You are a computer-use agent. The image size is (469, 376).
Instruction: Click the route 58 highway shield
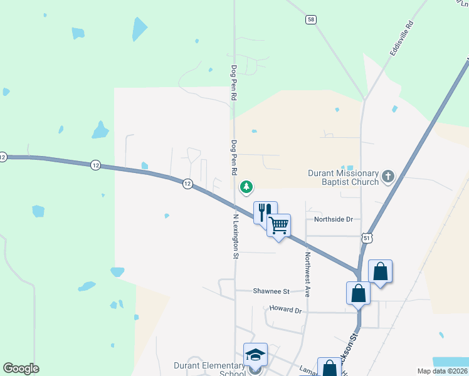(x=311, y=19)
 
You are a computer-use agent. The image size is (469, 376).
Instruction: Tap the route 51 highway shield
(x=367, y=238)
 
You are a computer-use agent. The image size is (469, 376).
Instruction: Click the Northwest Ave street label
(x=308, y=274)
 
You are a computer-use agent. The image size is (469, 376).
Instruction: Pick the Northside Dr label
(x=334, y=219)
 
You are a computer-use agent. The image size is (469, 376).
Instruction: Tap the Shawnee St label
(x=271, y=291)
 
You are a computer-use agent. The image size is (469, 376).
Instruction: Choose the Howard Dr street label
(x=285, y=310)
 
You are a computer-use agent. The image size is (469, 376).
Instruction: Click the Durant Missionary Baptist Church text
(x=344, y=177)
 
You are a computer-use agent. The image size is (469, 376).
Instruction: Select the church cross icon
(x=387, y=176)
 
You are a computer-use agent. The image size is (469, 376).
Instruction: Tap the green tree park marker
(x=247, y=186)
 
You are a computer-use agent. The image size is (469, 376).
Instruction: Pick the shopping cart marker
(x=278, y=224)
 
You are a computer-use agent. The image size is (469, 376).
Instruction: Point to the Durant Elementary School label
(x=209, y=369)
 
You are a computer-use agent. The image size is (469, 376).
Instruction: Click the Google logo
(x=21, y=368)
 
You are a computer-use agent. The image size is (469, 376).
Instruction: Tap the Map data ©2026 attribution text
(x=441, y=371)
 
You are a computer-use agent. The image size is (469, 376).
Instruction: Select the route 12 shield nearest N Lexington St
(x=187, y=183)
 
